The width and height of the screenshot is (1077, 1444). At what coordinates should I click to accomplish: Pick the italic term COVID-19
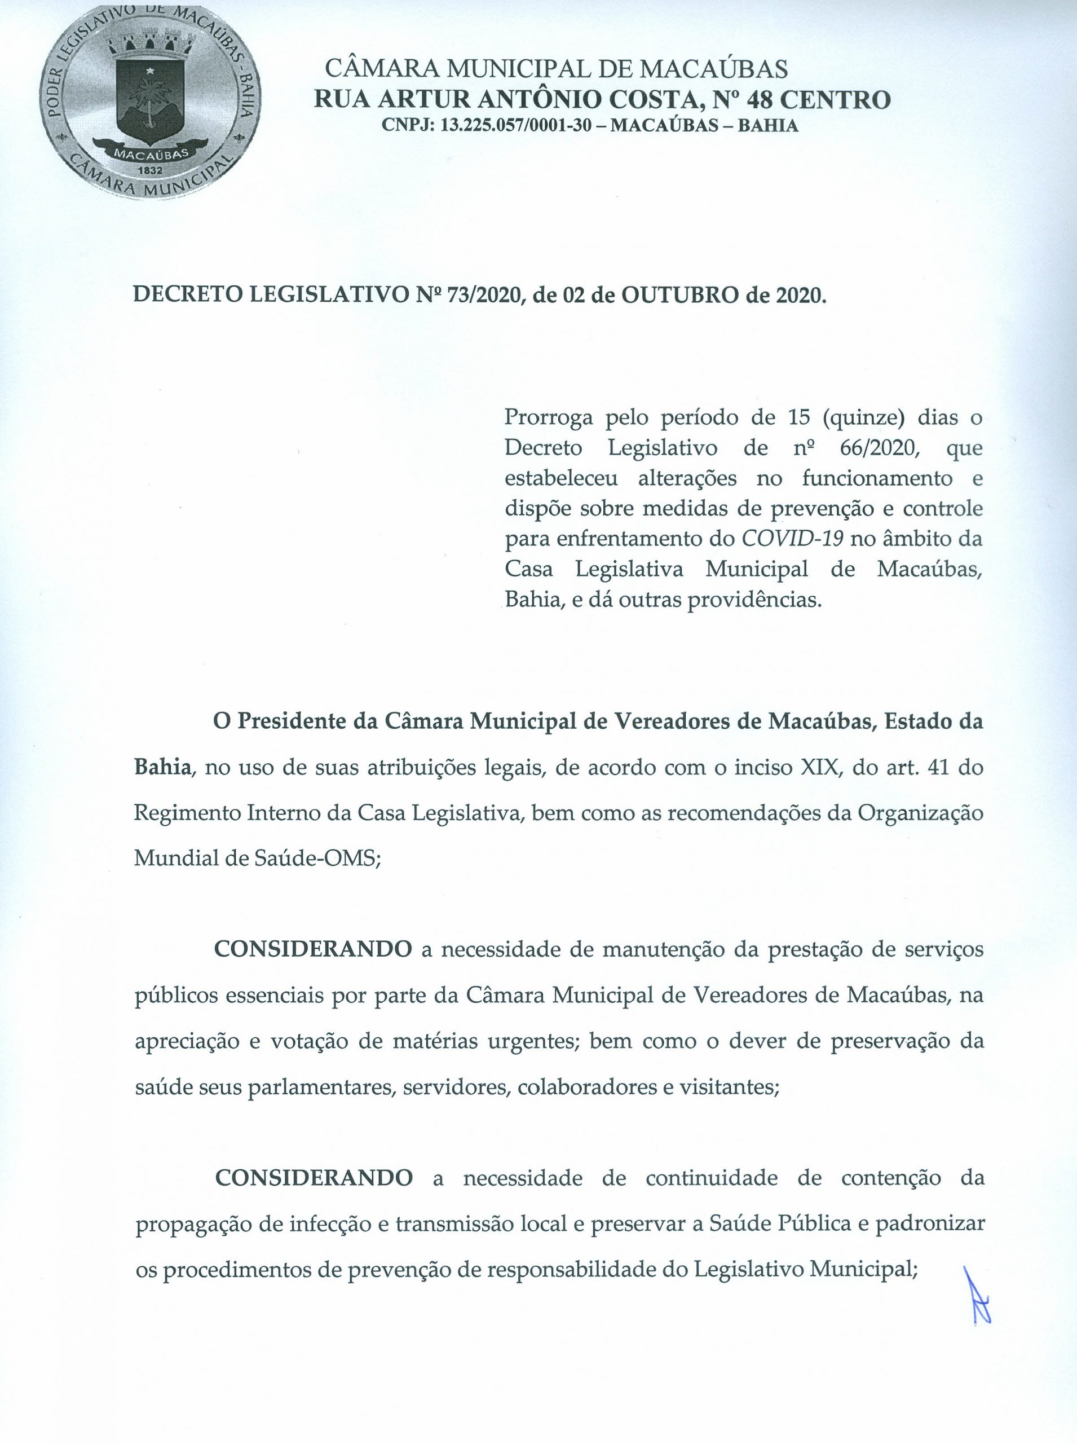pyautogui.click(x=793, y=539)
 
